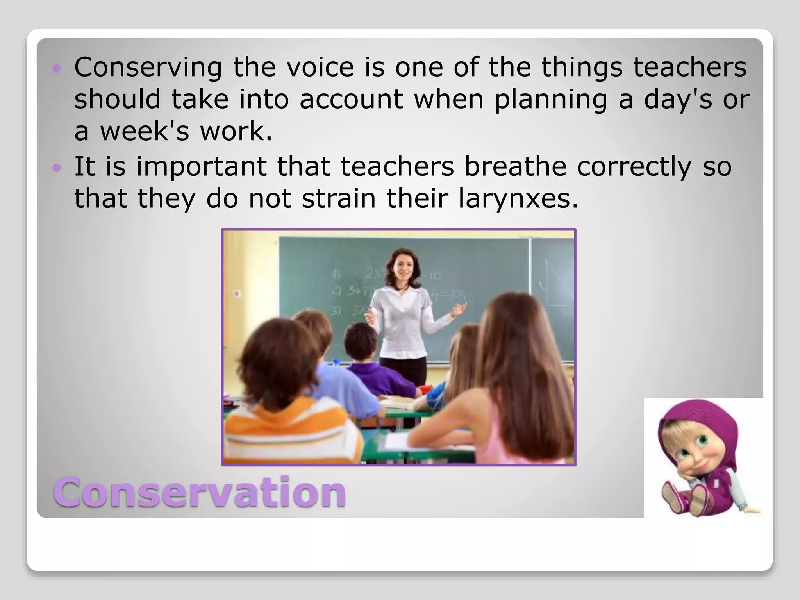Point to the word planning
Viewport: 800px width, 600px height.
(x=550, y=99)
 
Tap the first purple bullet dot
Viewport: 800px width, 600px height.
(x=57, y=69)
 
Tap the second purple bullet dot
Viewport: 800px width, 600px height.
(x=57, y=168)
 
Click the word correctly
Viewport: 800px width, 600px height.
(x=634, y=166)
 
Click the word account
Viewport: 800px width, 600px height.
(x=351, y=99)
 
